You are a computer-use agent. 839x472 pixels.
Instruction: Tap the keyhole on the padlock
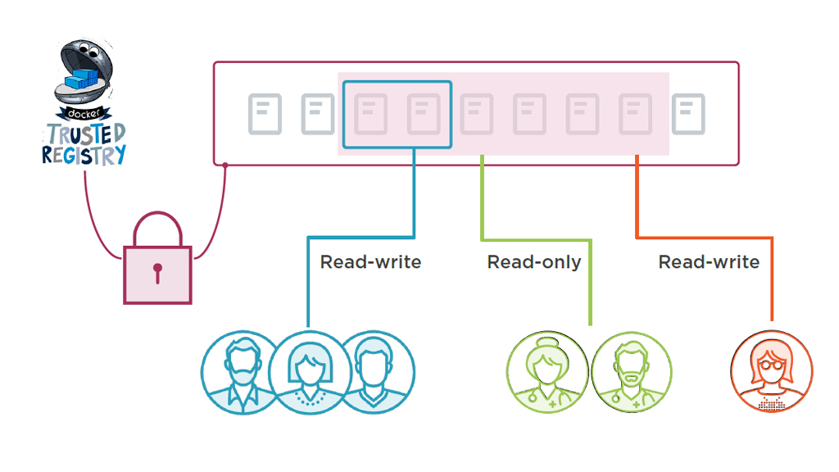coord(157,271)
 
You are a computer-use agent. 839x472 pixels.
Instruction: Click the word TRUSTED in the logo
coord(86,134)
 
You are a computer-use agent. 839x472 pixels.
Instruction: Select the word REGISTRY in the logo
coord(84,154)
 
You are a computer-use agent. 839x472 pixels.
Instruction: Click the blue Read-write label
coord(370,262)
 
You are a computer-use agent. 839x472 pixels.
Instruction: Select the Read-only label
coord(534,262)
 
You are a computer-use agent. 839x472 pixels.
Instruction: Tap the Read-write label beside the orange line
coord(709,262)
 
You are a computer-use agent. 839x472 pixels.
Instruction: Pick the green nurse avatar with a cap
coord(546,371)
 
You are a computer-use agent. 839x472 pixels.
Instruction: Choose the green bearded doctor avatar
coord(632,371)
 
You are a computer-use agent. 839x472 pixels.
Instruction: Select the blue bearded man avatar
coord(243,371)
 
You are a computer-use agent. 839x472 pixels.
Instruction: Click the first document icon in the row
coord(265,114)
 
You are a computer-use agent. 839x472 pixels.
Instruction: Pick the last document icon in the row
coord(688,114)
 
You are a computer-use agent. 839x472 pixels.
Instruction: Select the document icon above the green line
coord(476,114)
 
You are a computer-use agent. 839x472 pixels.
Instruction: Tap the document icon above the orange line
coord(635,114)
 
